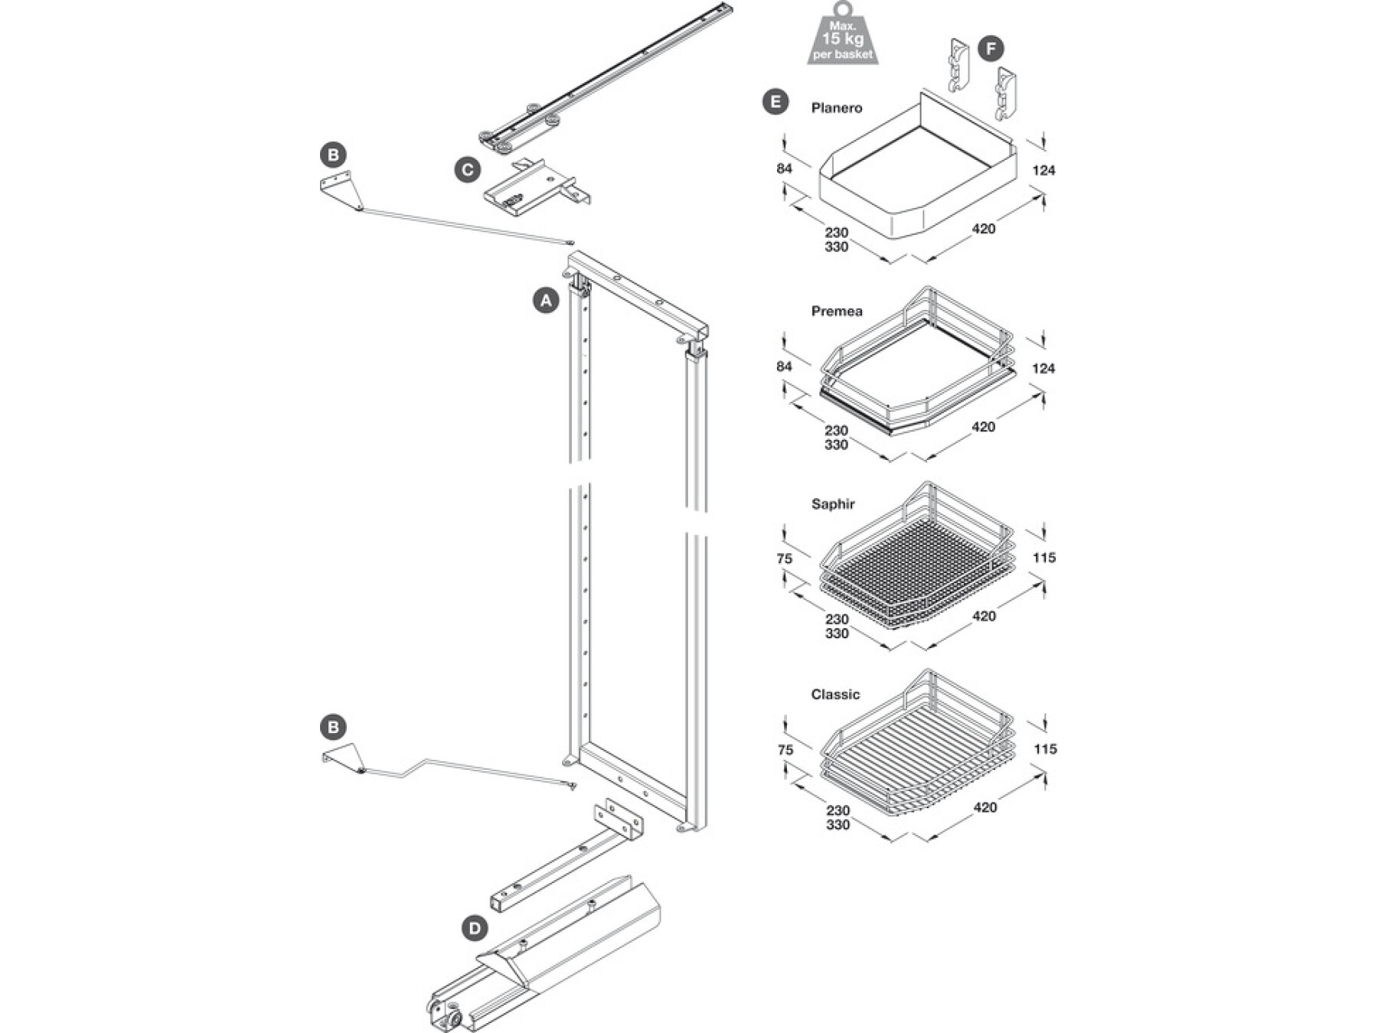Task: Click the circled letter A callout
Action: coord(546,301)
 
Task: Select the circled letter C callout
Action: coord(468,169)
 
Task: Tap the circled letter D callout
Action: coord(475,929)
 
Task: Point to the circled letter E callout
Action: coord(776,102)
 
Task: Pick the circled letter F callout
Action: coord(991,50)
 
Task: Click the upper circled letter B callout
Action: coord(333,155)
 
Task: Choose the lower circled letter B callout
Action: coord(333,727)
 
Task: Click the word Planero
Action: coord(837,108)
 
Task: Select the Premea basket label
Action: coord(837,311)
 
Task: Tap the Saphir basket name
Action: coord(833,504)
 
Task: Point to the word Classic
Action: coord(835,695)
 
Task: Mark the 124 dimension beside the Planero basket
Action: coord(1043,171)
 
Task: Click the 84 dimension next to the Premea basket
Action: coord(784,367)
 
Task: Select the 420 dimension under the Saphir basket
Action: coord(984,616)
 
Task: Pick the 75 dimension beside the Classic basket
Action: coord(785,750)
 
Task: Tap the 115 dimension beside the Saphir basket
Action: coord(1044,558)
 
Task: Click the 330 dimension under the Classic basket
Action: coord(838,825)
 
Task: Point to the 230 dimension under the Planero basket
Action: coord(836,232)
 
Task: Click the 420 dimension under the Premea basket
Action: coord(983,427)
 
